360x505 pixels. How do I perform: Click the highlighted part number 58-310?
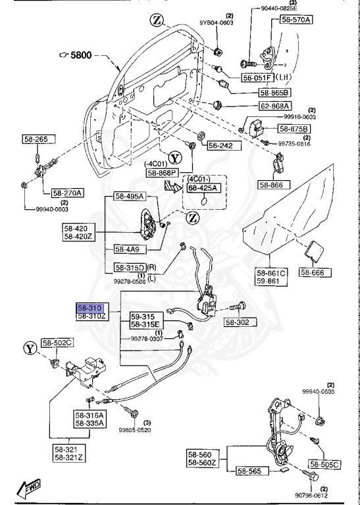coord(91,307)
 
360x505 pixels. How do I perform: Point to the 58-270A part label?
coord(68,193)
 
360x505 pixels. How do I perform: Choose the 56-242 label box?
coord(220,146)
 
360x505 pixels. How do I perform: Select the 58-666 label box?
coord(317,272)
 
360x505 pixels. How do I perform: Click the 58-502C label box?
coord(59,343)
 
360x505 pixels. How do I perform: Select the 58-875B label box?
coord(295,128)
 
